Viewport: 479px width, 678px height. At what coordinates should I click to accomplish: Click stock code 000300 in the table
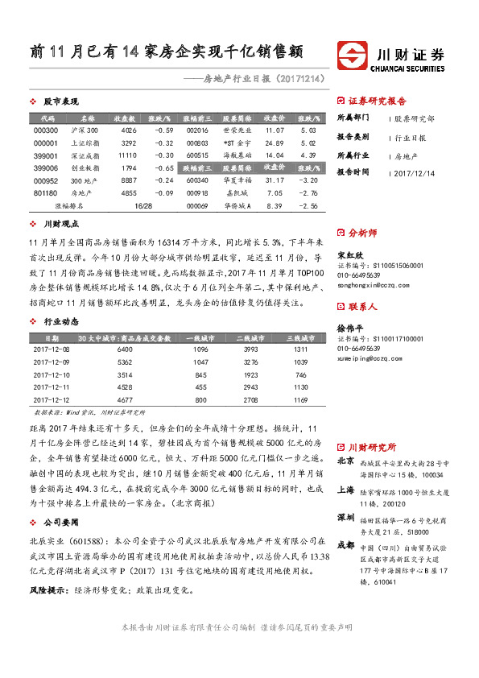[47, 130]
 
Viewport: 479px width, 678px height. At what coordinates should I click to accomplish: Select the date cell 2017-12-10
[51, 374]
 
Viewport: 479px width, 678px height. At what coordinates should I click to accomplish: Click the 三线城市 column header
[300, 338]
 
